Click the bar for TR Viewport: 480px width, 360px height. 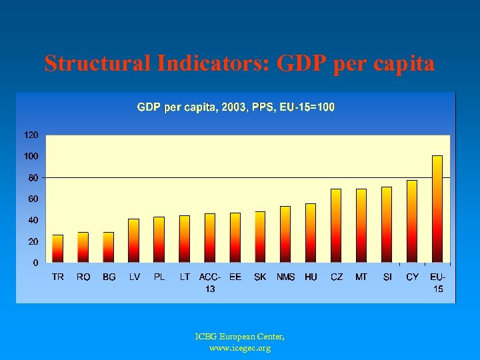(58, 248)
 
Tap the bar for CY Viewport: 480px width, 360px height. (412, 221)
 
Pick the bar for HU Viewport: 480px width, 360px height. (311, 233)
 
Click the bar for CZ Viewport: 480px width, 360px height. (336, 225)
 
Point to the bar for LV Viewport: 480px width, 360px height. (134, 240)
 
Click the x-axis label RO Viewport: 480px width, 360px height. (83, 277)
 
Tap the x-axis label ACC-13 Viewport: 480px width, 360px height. (210, 283)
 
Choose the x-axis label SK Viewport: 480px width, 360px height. (260, 277)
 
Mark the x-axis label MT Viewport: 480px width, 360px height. (361, 277)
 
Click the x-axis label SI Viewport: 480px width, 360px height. (387, 277)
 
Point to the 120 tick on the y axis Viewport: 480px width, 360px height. (31, 135)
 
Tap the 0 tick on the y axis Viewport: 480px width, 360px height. (35, 263)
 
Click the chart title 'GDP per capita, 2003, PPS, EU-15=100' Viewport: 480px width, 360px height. (236, 107)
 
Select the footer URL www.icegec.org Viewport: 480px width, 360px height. (239, 348)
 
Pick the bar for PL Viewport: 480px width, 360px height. (159, 239)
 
